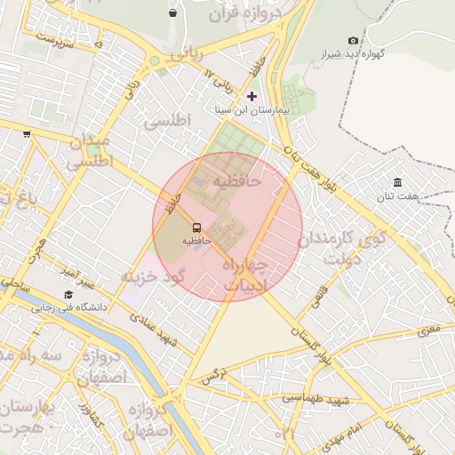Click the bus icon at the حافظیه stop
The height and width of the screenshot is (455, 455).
click(196, 227)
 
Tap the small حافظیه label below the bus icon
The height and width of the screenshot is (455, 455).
click(196, 240)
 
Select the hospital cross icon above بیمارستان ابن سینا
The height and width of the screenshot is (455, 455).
click(251, 96)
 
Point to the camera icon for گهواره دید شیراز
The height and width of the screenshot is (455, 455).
click(354, 41)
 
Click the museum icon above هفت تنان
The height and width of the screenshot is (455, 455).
click(396, 182)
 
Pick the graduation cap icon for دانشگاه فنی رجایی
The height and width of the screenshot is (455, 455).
click(68, 294)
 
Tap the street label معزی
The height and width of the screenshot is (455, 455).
click(429, 331)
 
